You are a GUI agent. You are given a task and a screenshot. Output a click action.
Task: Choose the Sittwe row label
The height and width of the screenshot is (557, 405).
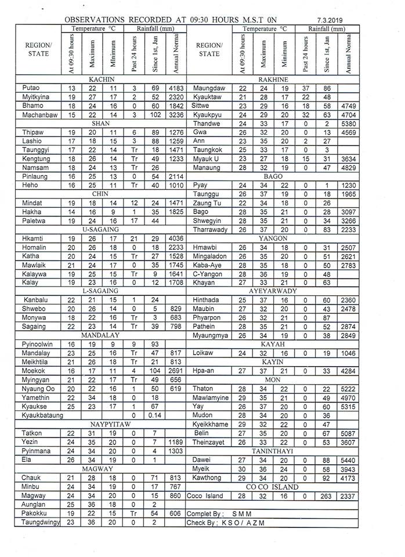coord(201,106)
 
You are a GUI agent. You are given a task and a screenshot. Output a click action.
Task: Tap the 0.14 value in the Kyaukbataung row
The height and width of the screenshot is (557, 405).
coord(156,415)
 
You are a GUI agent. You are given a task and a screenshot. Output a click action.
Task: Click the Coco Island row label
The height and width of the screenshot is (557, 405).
coord(205,496)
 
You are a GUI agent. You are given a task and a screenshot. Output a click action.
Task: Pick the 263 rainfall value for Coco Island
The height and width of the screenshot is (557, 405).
coord(326,496)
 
